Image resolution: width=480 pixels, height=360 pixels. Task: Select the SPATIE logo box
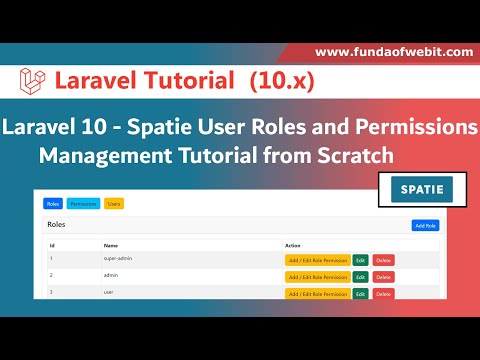(415, 189)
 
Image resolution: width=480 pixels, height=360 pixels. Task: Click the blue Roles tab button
(53, 204)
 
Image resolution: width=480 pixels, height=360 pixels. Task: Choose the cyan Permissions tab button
(84, 204)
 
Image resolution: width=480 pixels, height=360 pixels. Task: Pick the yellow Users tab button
(114, 204)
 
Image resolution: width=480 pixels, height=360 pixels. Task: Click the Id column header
(52, 244)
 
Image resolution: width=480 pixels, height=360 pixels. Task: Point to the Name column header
(111, 244)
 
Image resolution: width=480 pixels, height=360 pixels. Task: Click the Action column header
(293, 244)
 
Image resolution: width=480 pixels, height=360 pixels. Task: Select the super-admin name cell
(119, 258)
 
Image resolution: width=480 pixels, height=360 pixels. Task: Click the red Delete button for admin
(383, 277)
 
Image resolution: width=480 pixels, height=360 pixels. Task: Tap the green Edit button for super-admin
(360, 260)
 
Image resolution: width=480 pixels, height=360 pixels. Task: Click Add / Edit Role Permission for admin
(316, 277)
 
